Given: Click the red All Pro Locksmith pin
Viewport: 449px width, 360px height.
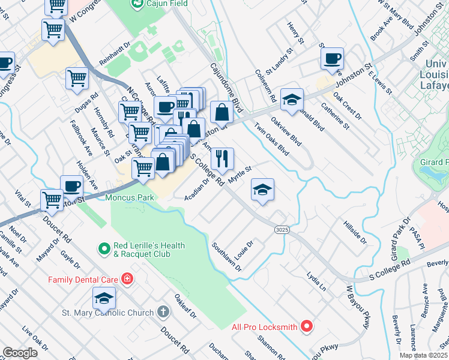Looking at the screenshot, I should tap(307, 327).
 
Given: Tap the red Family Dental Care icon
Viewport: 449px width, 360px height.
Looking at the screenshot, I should tap(126, 279).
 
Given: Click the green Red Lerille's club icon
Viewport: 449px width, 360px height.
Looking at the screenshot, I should tap(104, 247).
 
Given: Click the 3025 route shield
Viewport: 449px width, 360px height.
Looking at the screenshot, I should tap(282, 230).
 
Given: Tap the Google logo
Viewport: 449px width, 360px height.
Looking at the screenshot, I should tap(20, 353).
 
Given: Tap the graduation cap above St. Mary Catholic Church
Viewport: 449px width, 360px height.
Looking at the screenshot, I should tap(104, 298).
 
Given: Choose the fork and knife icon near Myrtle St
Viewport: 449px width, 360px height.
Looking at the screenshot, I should tap(222, 158).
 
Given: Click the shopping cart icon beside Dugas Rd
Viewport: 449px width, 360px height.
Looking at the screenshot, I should tap(77, 78).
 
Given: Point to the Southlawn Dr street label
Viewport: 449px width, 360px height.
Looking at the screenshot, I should tap(226, 257).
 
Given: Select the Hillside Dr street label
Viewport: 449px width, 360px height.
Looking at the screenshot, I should tap(354, 232).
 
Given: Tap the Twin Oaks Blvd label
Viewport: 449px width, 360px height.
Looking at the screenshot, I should tap(271, 139).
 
